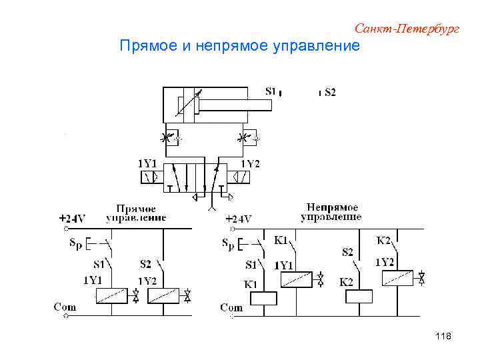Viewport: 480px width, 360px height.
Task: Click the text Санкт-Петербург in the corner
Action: pos(407,28)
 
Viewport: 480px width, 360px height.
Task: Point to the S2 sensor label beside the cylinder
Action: pos(330,92)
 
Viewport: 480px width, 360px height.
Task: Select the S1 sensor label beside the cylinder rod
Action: pos(271,91)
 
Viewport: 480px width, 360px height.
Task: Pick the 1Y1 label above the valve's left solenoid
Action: pos(147,163)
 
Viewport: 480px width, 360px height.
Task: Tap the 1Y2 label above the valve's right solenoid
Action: pos(249,164)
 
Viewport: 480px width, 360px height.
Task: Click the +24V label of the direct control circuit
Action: pos(72,218)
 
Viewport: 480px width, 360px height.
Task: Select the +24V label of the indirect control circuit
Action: pos(238,218)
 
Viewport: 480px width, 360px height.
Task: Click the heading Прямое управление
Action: pos(136,213)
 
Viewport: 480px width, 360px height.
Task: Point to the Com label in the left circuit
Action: pos(65,307)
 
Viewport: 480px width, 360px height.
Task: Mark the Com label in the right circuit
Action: pos(231,307)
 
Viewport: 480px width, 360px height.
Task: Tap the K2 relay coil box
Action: pos(358,297)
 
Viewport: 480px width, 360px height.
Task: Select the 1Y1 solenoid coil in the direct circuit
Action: pos(111,295)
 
